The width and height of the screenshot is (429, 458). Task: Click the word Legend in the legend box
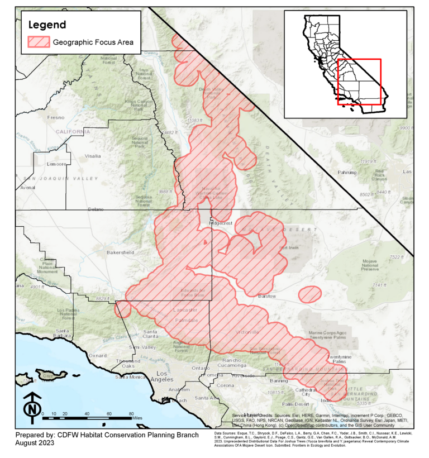[47, 25]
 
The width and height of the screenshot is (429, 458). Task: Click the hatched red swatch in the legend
[39, 42]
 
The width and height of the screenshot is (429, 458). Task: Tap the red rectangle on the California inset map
[359, 82]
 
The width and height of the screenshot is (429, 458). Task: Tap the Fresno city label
[56, 118]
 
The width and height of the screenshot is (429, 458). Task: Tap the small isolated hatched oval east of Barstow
[309, 294]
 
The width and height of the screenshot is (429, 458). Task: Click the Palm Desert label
[295, 404]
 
